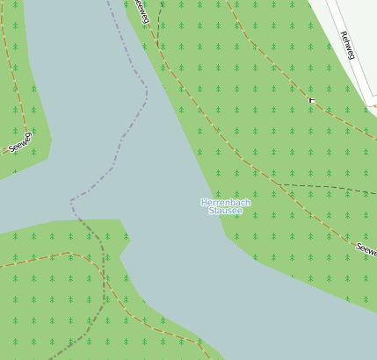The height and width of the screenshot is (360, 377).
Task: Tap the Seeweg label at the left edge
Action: [x=20, y=142]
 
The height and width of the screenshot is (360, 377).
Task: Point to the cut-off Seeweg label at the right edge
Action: [x=366, y=249]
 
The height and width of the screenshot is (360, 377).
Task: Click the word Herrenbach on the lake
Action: [x=226, y=203]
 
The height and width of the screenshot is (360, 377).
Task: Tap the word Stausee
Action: [x=226, y=212]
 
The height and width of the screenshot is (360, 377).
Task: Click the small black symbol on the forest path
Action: [x=311, y=101]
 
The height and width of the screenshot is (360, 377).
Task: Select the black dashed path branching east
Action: [x=325, y=187]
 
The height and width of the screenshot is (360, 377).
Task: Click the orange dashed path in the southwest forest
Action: [x=44, y=258]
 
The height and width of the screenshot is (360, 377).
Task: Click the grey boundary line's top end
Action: [x=109, y=2]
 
